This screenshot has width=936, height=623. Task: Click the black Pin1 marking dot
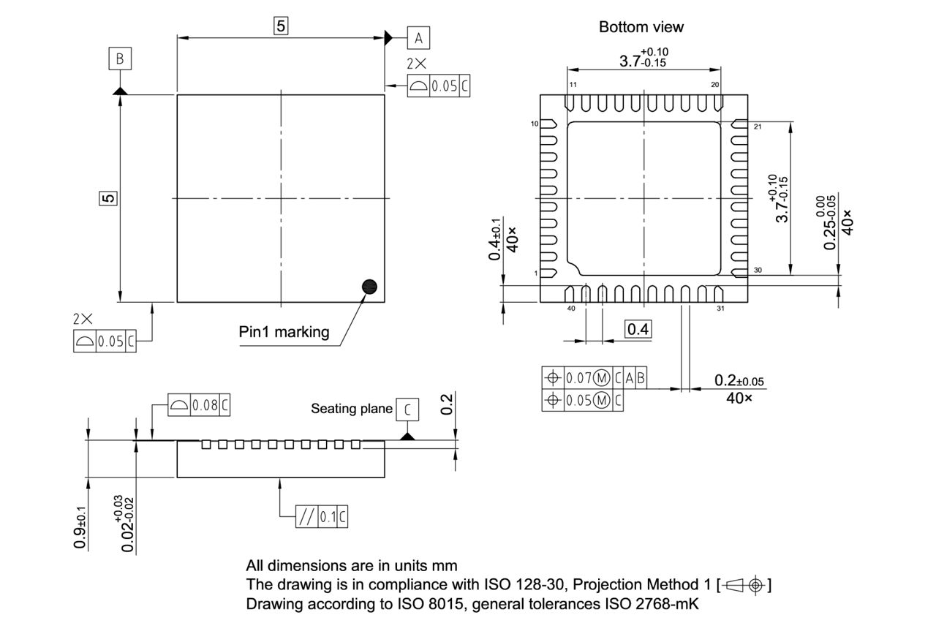[371, 287]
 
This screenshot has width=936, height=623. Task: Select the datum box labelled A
[418, 37]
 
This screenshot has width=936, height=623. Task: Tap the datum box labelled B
[120, 58]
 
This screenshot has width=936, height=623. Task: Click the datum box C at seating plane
[407, 410]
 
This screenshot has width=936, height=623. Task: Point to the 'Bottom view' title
[641, 27]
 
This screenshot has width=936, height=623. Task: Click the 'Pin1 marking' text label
[284, 332]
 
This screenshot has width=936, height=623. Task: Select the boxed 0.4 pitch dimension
[638, 329]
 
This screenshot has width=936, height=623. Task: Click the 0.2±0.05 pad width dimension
[739, 381]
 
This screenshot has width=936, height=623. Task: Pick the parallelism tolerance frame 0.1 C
[322, 517]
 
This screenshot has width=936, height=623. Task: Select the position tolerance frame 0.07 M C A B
[595, 378]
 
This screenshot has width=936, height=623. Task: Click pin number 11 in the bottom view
[573, 85]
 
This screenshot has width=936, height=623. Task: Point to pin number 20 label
[714, 85]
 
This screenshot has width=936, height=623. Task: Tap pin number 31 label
[720, 308]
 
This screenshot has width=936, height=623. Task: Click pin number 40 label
[571, 308]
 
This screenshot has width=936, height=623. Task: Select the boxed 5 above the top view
[281, 26]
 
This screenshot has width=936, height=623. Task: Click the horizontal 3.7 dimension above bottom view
[643, 58]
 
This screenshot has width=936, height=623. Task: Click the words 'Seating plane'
[352, 408]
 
